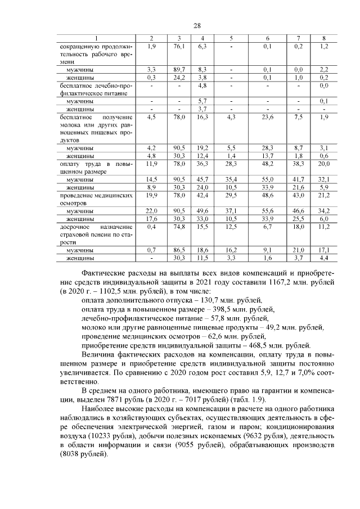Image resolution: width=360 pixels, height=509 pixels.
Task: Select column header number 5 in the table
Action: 231,38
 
